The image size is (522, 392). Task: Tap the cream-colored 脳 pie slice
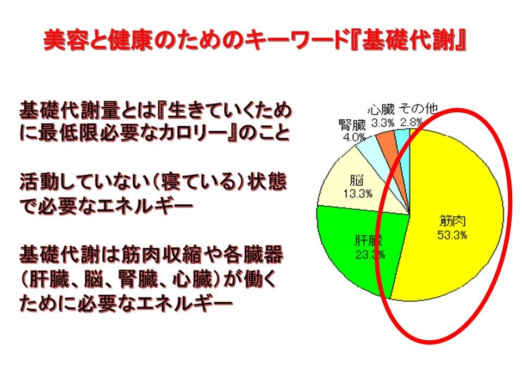click(359, 187)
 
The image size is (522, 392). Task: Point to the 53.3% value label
click(452, 235)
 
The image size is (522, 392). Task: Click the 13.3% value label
click(358, 193)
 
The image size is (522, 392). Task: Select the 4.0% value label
click(354, 137)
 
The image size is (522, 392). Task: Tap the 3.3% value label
click(383, 122)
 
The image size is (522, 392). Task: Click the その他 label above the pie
click(418, 109)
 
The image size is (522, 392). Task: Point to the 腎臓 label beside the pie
click(352, 125)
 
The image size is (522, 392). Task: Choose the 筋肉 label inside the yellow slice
click(452, 222)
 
